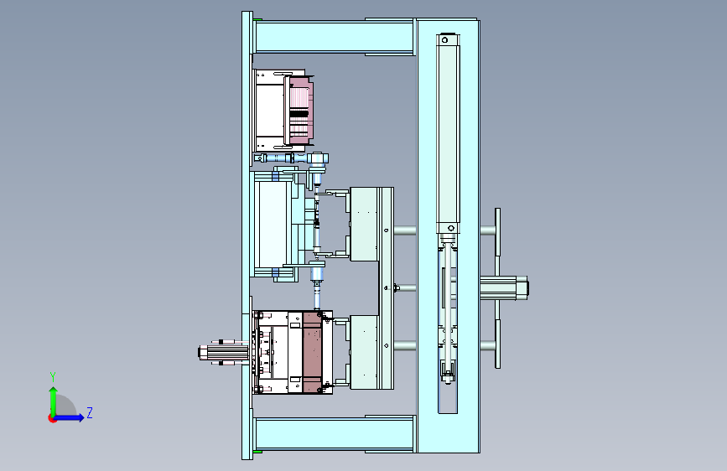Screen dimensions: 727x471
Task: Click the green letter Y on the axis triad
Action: (53, 377)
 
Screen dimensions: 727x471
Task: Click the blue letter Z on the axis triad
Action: (90, 412)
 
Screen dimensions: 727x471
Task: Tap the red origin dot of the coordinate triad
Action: (52, 418)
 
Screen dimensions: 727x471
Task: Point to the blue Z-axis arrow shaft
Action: (68, 417)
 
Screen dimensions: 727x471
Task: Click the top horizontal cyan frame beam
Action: (334, 37)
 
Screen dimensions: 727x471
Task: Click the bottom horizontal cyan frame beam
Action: (334, 433)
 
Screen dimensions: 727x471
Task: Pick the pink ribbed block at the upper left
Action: (301, 111)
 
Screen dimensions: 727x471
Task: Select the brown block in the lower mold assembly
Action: (312, 352)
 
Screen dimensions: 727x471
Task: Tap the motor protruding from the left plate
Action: (222, 352)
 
